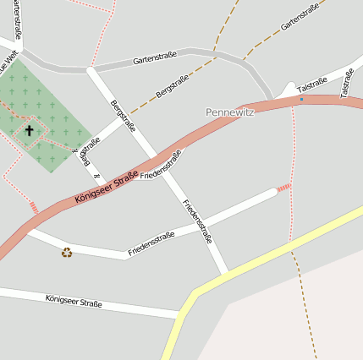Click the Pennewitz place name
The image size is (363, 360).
coord(230,112)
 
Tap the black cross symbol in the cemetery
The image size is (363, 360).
coord(30,131)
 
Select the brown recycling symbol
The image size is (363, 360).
coord(67,251)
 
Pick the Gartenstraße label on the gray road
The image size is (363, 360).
coord(155,59)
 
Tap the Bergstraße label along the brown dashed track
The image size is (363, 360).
coord(173,86)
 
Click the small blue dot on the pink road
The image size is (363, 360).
coord(300,100)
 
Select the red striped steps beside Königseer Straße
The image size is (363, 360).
coord(34,208)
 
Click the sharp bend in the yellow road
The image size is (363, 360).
coord(194,295)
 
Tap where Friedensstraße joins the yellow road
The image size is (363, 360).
coord(227,274)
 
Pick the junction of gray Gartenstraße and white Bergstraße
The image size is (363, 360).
coord(90,68)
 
